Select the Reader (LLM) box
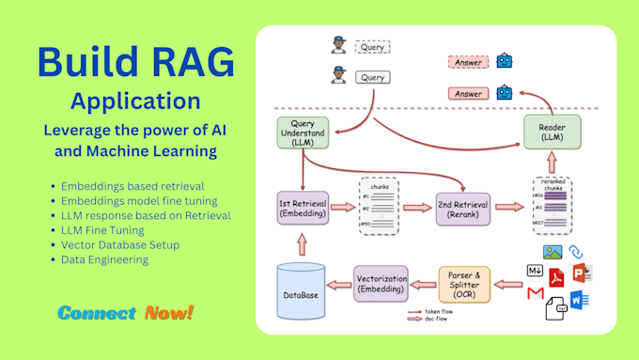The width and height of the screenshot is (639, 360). [552, 133]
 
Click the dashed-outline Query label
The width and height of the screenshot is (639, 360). [372, 45]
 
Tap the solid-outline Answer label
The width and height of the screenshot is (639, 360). [468, 93]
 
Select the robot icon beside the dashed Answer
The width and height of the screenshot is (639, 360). [507, 61]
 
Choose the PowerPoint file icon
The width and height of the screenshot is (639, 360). [582, 273]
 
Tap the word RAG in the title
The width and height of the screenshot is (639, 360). [183, 63]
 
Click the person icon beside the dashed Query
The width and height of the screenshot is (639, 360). [337, 44]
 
